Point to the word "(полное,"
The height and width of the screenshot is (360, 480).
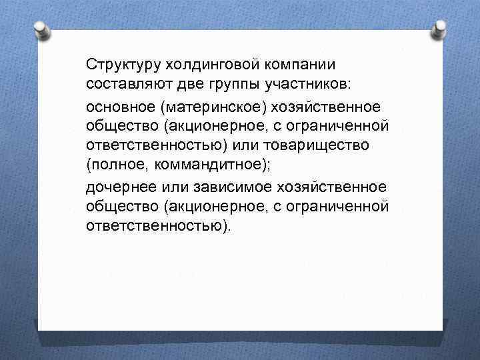[x=113, y=165]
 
